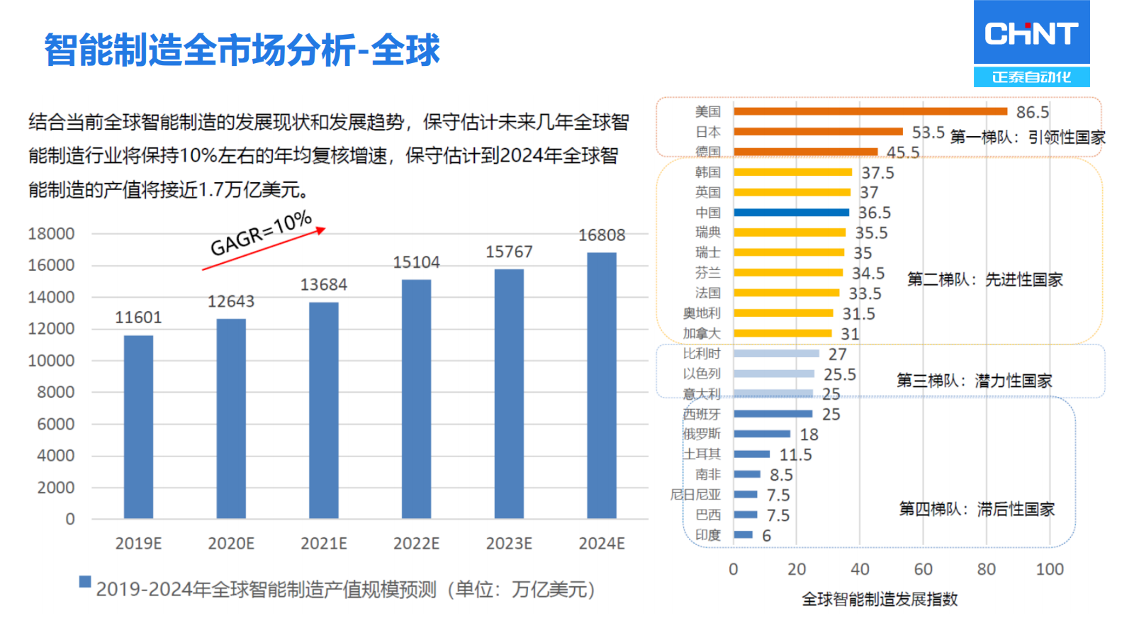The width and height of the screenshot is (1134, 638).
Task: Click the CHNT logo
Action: pyautogui.click(x=1031, y=43)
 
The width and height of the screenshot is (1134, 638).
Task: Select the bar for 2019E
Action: pyautogui.click(x=138, y=427)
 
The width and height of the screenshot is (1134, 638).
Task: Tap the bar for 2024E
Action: pyautogui.click(x=602, y=386)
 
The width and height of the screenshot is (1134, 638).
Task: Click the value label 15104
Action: pyautogui.click(x=416, y=263)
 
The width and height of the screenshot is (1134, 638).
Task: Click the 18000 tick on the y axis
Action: pyautogui.click(x=51, y=234)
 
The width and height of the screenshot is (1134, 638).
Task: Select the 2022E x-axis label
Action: pyautogui.click(x=416, y=544)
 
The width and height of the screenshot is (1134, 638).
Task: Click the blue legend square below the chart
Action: pyautogui.click(x=85, y=582)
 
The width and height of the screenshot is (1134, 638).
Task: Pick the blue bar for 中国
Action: pyautogui.click(x=791, y=213)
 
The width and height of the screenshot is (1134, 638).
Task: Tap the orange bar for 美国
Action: pyautogui.click(x=870, y=111)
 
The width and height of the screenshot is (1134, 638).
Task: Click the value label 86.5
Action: pyautogui.click(x=1032, y=113)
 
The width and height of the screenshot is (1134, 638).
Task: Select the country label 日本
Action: pyautogui.click(x=707, y=132)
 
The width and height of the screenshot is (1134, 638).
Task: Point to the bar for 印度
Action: pyautogui.click(x=743, y=535)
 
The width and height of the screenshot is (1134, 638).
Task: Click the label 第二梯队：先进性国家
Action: pyautogui.click(x=984, y=280)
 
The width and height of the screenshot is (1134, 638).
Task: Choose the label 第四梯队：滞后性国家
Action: pyautogui.click(x=977, y=509)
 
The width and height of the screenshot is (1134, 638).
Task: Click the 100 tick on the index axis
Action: pyautogui.click(x=1049, y=569)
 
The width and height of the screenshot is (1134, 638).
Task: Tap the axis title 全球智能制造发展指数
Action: pyautogui.click(x=880, y=600)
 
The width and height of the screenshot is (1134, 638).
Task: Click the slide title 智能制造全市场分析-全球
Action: pyautogui.click(x=242, y=50)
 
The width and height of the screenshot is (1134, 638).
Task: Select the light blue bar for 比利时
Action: pyautogui.click(x=776, y=353)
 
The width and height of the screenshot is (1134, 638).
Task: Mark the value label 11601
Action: pyautogui.click(x=138, y=318)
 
